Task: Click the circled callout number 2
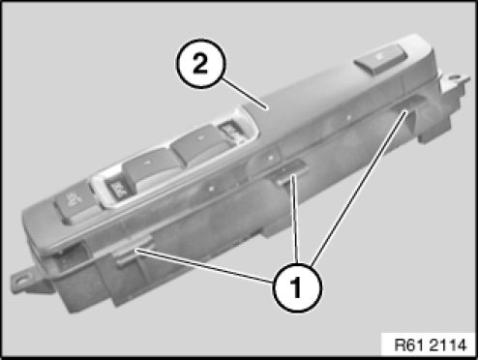point(200,64)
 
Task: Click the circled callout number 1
point(297,287)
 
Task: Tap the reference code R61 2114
point(431,345)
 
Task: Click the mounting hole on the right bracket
point(455,77)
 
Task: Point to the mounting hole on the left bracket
point(21,281)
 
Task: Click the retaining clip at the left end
point(132,252)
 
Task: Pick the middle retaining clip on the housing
point(288,173)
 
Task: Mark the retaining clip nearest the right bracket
point(412,104)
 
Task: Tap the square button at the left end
point(72,204)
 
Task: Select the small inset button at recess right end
point(231,131)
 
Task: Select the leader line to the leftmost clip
point(205,265)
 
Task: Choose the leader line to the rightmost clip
point(358,188)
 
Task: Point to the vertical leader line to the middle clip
point(295,219)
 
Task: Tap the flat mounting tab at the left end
point(31,282)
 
